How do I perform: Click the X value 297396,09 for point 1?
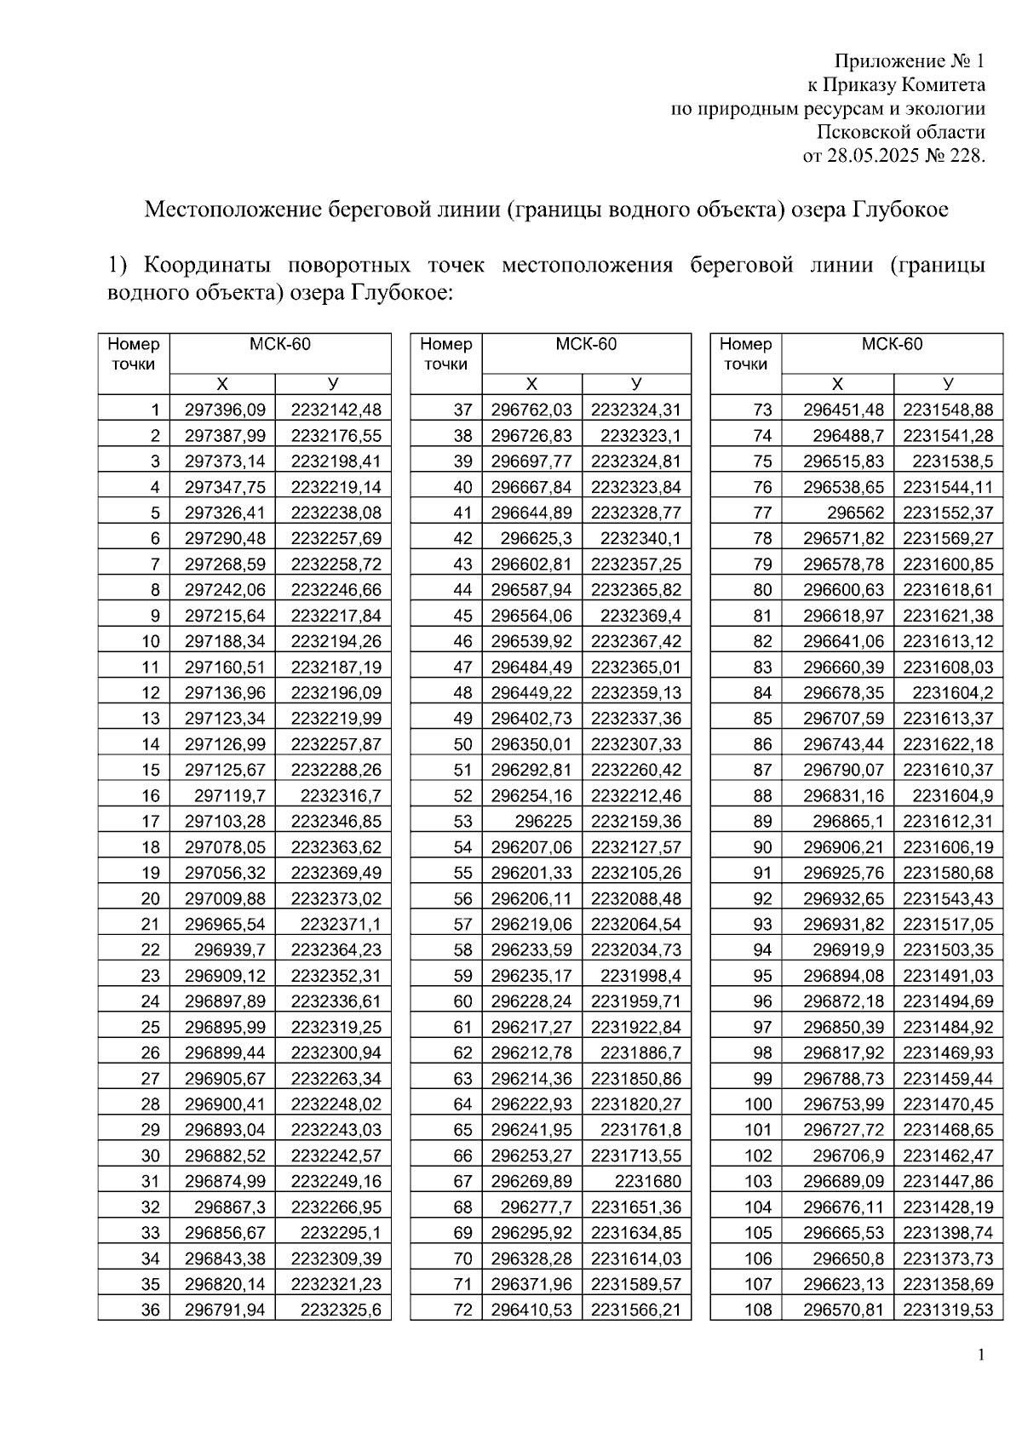(225, 410)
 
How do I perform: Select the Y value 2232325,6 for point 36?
(341, 1310)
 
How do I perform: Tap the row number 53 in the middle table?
(462, 822)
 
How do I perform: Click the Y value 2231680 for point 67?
(647, 1181)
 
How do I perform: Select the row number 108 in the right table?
(758, 1310)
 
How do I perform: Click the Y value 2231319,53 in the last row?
(948, 1310)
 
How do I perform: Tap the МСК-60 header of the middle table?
(586, 345)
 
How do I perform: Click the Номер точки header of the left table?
(134, 354)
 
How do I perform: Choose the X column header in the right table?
(837, 384)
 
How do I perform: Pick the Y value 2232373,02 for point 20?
(336, 898)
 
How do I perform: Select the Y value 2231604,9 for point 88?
(952, 796)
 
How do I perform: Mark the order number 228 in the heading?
(967, 157)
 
